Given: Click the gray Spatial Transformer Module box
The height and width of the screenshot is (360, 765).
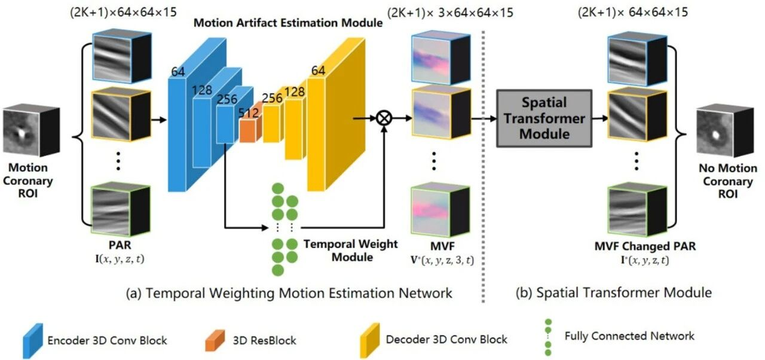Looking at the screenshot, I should click(x=544, y=118).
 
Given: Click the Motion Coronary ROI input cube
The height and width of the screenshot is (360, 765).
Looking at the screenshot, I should click(x=31, y=131).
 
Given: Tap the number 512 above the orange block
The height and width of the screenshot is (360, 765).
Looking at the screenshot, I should click(x=250, y=103).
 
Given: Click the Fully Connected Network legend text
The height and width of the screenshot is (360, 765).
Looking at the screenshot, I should click(x=629, y=335).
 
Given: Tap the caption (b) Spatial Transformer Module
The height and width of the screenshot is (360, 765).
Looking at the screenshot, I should click(x=614, y=292).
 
